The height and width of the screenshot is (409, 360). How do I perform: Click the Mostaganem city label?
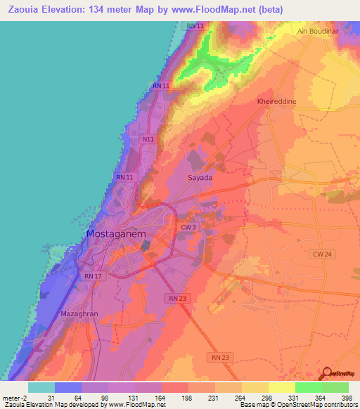116,233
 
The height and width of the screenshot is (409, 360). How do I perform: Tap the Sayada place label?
200,178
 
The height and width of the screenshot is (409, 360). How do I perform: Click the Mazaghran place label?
79,313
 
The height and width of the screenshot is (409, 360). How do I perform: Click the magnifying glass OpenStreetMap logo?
328,372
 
